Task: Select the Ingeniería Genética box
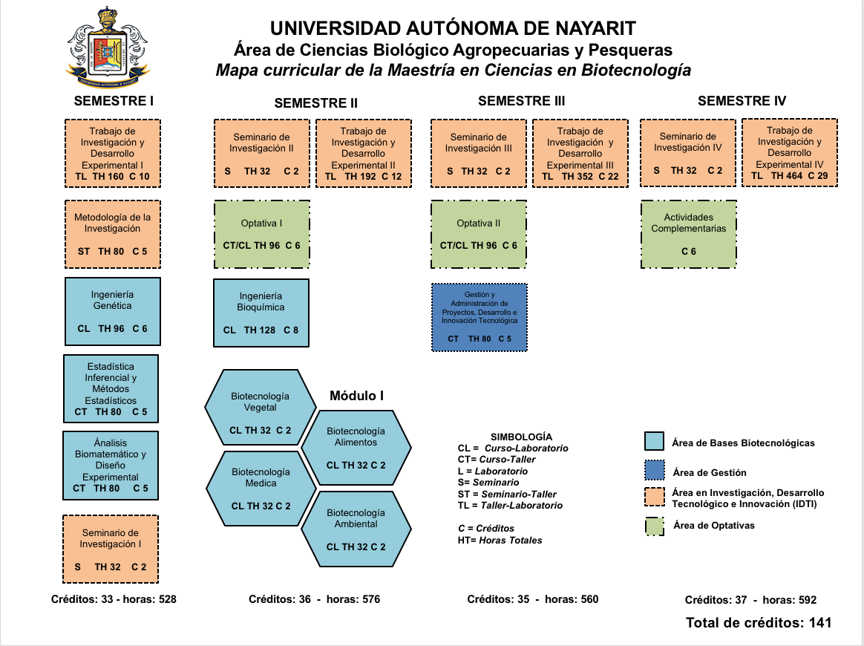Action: click(x=113, y=311)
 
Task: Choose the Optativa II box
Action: click(x=479, y=234)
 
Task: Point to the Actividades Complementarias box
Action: click(x=689, y=234)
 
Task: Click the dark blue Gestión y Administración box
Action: click(x=479, y=317)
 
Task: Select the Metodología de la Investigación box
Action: click(x=113, y=234)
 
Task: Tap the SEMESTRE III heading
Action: click(x=521, y=101)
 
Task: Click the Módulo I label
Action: click(x=356, y=397)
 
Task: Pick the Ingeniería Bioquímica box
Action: click(x=261, y=313)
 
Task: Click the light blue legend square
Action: click(x=654, y=441)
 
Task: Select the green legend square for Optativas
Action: click(x=654, y=525)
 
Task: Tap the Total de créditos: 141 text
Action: click(x=759, y=622)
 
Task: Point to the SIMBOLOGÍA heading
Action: click(x=522, y=437)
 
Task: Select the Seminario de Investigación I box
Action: click(x=111, y=549)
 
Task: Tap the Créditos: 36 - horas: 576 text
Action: click(x=314, y=599)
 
